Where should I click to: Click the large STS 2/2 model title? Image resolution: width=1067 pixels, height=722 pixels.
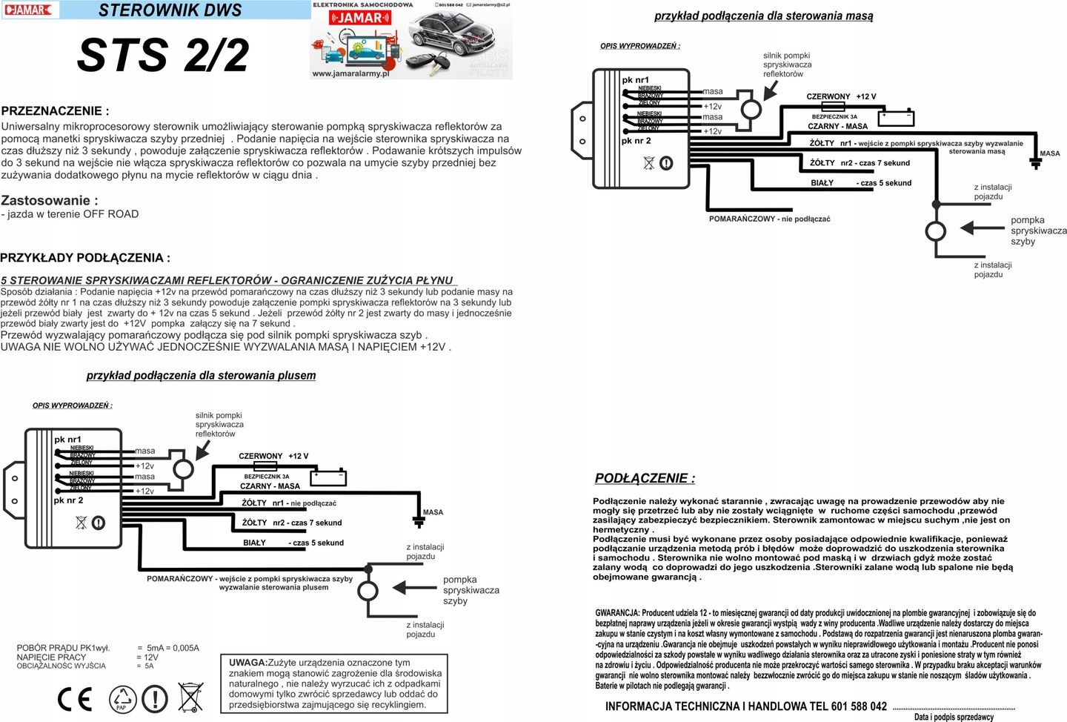pyautogui.click(x=163, y=55)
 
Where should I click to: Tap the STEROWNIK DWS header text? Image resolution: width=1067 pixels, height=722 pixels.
pyautogui.click(x=170, y=10)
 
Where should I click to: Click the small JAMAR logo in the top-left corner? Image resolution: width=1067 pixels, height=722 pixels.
pyautogui.click(x=30, y=10)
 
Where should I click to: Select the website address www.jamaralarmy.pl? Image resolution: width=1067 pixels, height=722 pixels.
pyautogui.click(x=350, y=73)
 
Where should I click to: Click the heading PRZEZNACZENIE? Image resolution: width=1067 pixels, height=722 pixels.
pyautogui.click(x=55, y=111)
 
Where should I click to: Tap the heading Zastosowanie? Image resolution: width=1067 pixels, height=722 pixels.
pyautogui.click(x=49, y=200)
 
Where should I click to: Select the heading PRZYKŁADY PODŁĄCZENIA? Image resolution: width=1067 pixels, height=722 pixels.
pyautogui.click(x=85, y=258)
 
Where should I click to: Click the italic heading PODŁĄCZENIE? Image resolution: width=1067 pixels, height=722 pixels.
pyautogui.click(x=645, y=479)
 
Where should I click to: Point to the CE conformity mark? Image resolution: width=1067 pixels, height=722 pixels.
pyautogui.click(x=75, y=699)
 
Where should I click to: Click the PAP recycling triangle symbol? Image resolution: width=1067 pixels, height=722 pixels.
pyautogui.click(x=122, y=699)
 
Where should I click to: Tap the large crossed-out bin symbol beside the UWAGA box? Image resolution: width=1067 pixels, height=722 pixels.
pyautogui.click(x=190, y=698)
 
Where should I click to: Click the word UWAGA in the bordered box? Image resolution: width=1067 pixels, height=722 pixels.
pyautogui.click(x=247, y=663)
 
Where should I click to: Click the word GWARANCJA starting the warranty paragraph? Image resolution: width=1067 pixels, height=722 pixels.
pyautogui.click(x=617, y=613)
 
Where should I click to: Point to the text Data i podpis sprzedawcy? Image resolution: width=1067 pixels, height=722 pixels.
pyautogui.click(x=954, y=717)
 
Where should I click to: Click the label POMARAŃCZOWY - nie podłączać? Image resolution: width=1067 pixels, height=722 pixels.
pyautogui.click(x=769, y=219)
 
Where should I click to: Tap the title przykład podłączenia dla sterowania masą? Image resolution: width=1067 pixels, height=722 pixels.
pyautogui.click(x=763, y=16)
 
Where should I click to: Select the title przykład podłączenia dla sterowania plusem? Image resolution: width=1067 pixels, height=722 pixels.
pyautogui.click(x=201, y=376)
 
